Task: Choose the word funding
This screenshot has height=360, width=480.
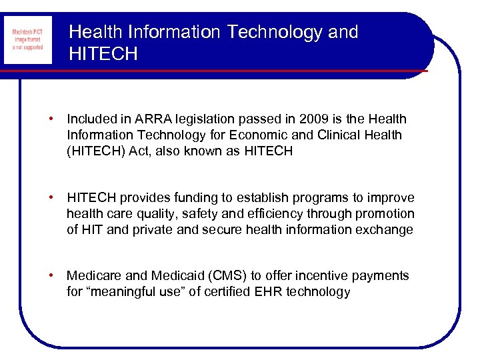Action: (x=192, y=198)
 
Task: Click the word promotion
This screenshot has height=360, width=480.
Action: (x=385, y=214)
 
